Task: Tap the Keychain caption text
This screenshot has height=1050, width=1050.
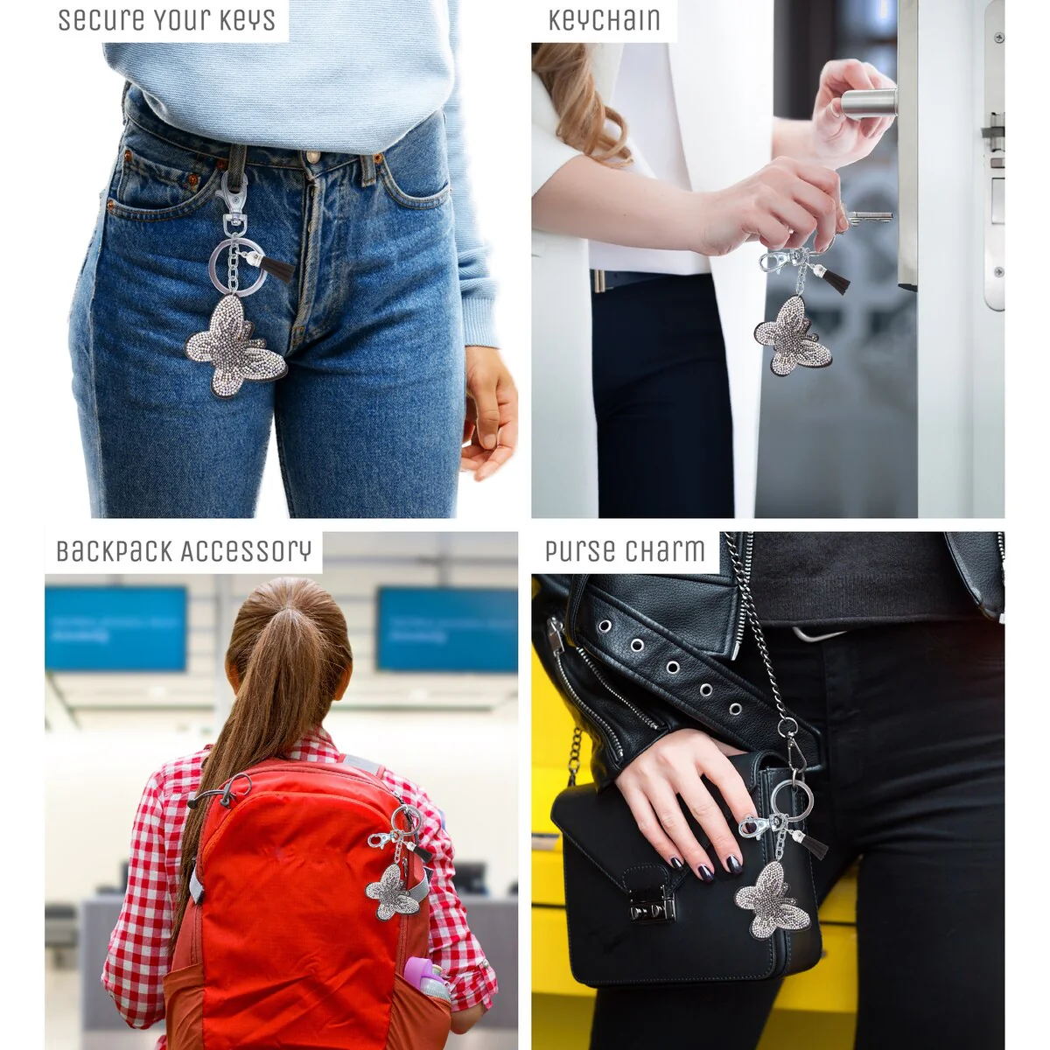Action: tap(605, 20)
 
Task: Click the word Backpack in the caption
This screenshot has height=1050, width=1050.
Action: tap(115, 551)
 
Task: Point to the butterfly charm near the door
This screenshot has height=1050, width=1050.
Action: tap(793, 335)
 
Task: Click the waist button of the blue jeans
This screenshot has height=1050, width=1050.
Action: tap(312, 157)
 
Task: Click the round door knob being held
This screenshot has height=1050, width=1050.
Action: tap(869, 103)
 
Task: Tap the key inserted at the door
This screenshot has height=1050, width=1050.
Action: tap(869, 218)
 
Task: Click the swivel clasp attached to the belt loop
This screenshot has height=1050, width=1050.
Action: tap(233, 200)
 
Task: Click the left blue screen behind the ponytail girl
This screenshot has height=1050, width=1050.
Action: tap(115, 628)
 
